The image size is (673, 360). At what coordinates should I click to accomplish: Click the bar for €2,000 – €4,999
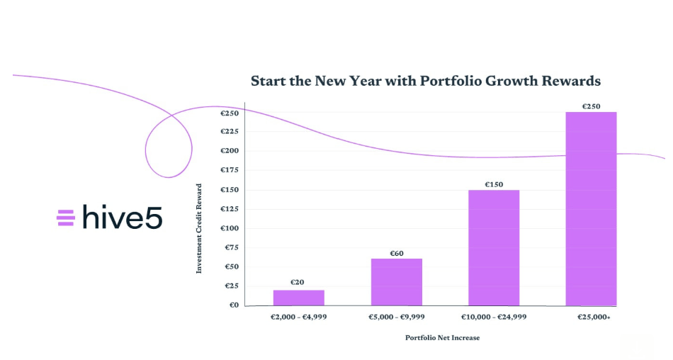(298, 298)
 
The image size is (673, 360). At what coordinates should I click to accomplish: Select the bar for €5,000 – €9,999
(396, 282)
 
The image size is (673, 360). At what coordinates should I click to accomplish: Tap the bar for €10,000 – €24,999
(494, 247)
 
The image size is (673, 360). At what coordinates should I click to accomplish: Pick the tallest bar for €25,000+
(591, 208)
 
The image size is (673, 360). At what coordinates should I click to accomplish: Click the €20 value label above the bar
(298, 282)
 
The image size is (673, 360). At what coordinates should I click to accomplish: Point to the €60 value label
(396, 253)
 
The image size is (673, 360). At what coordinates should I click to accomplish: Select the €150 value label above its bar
(494, 184)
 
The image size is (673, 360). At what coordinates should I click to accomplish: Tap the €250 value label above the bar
(591, 106)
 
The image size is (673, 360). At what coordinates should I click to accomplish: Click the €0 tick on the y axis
(233, 305)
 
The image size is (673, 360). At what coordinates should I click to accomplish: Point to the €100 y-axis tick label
(230, 228)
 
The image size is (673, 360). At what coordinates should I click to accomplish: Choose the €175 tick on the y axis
(230, 170)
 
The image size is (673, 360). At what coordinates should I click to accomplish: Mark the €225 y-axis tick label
(230, 132)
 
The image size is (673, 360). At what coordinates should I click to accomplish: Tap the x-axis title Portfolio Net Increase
(442, 338)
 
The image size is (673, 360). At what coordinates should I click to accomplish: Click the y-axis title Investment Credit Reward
(199, 229)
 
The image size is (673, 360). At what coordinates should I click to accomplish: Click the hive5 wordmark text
(123, 217)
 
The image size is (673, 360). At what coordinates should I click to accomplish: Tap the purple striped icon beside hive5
(66, 218)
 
